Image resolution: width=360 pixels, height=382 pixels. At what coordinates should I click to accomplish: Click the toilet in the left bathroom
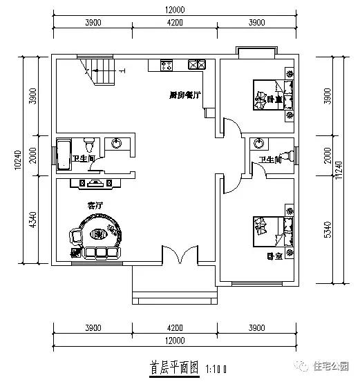(88, 146)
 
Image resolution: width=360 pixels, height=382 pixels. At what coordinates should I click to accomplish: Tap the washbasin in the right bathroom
(258, 143)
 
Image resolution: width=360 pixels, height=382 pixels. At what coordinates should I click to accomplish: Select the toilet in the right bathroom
(286, 155)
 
